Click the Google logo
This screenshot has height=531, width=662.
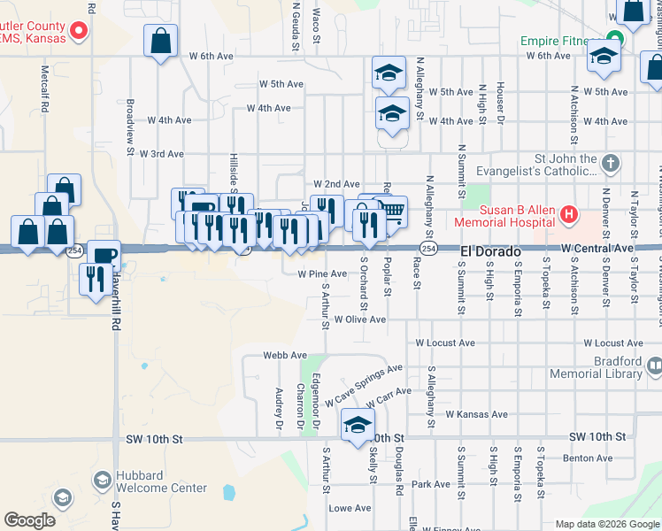[x=29, y=520]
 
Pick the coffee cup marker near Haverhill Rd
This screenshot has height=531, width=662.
[x=104, y=255]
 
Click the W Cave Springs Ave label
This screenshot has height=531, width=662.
[x=363, y=385]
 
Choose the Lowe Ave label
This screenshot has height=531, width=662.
[x=350, y=508]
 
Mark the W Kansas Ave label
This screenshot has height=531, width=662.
[x=476, y=414]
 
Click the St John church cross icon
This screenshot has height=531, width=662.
[x=610, y=165]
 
